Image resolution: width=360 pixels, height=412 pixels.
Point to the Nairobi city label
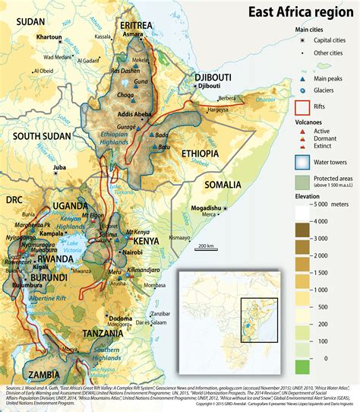tap(132, 251)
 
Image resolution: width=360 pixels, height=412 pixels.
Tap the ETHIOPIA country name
tap(200, 153)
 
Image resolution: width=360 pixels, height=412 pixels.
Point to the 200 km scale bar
tap(204, 246)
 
